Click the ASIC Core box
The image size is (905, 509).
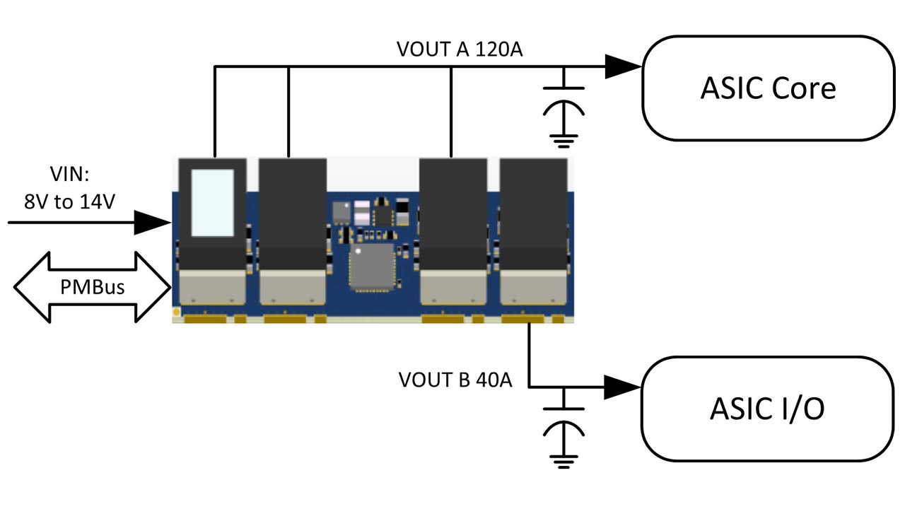768,88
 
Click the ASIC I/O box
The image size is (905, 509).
768,409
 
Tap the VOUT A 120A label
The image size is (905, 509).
460,49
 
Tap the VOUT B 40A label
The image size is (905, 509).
455,380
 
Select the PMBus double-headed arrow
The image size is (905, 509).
92,288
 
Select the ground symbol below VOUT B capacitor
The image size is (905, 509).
563,460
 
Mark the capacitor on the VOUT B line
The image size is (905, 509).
563,419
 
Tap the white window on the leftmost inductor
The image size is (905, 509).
213,202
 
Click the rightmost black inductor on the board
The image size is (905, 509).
533,212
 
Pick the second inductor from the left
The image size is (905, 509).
293,212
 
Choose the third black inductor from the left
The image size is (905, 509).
453,212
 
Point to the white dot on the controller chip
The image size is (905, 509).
358,252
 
